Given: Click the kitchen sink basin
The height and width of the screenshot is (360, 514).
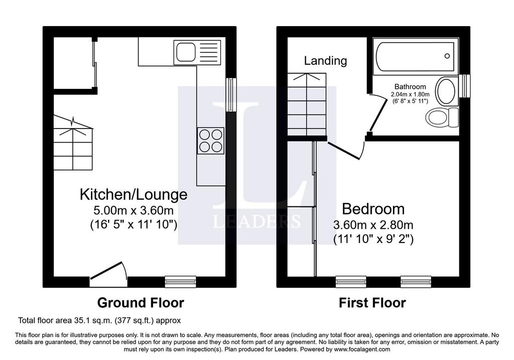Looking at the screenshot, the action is [x=186, y=52].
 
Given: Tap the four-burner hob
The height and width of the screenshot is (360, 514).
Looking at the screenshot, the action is [x=211, y=141].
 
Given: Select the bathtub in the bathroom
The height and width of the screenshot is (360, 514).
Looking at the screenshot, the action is [x=415, y=56].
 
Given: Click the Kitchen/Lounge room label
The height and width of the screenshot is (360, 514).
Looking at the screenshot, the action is [x=134, y=194].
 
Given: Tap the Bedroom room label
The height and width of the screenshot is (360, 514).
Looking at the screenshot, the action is [x=373, y=209].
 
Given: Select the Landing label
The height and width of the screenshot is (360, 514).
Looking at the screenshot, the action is [x=325, y=61].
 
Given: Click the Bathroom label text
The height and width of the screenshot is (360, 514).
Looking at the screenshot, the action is [x=410, y=86].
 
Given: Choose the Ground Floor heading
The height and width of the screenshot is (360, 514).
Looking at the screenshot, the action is [x=141, y=303].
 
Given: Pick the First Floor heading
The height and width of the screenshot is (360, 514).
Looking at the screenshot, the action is [x=372, y=303].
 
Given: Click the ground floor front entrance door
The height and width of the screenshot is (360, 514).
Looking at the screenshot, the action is [x=108, y=274].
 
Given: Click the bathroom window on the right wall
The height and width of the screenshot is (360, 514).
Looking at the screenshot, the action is [x=464, y=86].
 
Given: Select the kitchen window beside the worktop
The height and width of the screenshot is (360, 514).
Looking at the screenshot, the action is [x=231, y=95].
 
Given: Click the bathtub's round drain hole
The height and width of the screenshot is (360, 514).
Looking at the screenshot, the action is [x=447, y=56].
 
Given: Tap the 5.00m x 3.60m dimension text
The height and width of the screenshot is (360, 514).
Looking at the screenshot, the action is [x=134, y=210].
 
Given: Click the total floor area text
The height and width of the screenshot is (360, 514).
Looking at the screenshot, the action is [x=99, y=320].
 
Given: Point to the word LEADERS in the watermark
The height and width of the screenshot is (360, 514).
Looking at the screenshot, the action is [x=256, y=221].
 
